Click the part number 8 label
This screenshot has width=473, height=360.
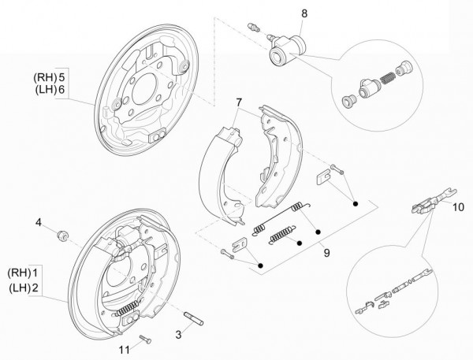pos(305,13)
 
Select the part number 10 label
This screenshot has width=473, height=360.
pos(459,208)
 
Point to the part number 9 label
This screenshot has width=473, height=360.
pos(326,253)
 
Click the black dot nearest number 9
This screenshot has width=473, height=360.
pos(317,232)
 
